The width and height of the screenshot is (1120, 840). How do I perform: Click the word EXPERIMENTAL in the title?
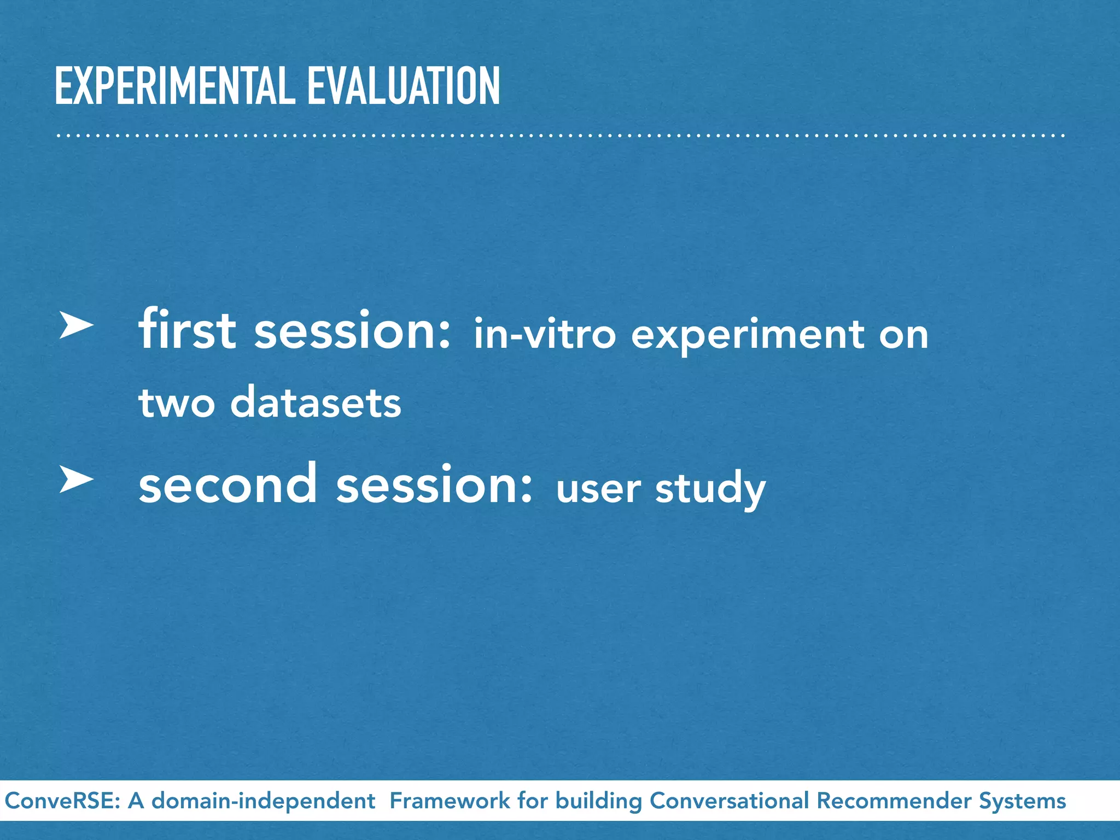tap(175, 86)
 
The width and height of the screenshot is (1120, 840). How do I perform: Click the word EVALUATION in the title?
tap(404, 86)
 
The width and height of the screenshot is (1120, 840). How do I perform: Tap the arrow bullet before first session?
tap(76, 326)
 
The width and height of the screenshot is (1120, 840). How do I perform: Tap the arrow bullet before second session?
tap(76, 480)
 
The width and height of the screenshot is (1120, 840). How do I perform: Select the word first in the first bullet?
tap(187, 330)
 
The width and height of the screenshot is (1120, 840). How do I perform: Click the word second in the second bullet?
tap(227, 484)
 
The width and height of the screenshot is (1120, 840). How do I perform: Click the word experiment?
tap(748, 335)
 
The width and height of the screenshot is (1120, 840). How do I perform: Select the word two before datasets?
tap(177, 403)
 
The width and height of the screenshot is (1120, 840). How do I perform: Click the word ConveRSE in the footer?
tap(62, 801)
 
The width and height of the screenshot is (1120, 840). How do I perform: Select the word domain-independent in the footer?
tap(263, 801)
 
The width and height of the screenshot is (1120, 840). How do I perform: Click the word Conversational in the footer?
tap(728, 801)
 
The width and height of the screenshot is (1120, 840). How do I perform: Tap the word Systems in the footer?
tap(1022, 801)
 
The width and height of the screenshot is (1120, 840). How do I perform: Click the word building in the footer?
tap(599, 801)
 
